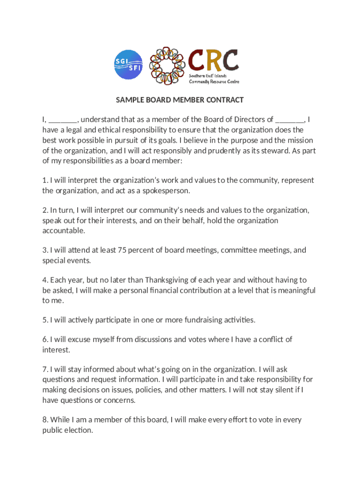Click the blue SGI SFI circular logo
coord(129,65)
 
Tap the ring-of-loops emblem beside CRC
coord(167,66)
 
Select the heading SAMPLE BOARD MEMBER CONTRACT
coord(180,100)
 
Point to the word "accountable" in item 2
coord(64,231)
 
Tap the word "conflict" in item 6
coord(269,340)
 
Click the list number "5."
coord(45,320)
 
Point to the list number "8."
coord(45,420)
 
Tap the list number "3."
coord(45,250)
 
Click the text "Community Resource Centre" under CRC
coord(214,81)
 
